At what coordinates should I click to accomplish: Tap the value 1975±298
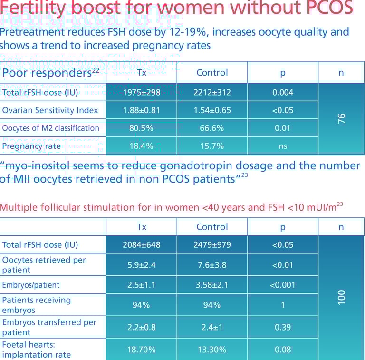pos(141,92)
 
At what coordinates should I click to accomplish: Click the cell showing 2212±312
pos(212,92)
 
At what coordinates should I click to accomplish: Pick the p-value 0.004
pos(283,92)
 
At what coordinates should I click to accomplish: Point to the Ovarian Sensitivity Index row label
pos(50,110)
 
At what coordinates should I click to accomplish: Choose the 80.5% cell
pos(141,128)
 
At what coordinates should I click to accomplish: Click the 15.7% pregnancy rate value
pos(212,146)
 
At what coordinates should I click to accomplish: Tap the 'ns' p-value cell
pos(283,146)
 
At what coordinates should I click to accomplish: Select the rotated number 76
pos(341,119)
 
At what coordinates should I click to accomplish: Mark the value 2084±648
pos(141,245)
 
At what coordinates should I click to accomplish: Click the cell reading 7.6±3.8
pos(212,265)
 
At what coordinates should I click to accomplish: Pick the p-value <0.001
pos(283,285)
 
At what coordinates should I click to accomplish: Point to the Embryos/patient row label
pos(31,285)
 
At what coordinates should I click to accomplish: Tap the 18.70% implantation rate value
pos(141,350)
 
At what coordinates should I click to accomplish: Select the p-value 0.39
pos(283,327)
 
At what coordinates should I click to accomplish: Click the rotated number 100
pos(341,297)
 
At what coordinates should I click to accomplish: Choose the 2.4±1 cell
pos(212,327)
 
